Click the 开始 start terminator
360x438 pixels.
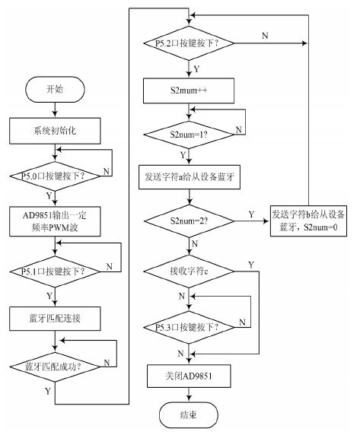click(x=55, y=90)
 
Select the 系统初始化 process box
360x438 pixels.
click(x=55, y=131)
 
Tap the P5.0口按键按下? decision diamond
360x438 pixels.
click(x=55, y=176)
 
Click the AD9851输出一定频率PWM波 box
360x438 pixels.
click(x=55, y=221)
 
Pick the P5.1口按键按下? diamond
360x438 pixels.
click(x=55, y=271)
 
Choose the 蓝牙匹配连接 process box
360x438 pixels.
click(x=55, y=319)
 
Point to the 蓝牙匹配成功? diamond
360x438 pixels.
click(x=55, y=367)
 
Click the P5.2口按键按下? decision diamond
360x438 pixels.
click(x=189, y=43)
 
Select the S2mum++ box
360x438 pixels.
click(x=189, y=90)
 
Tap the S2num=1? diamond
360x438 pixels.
click(x=189, y=135)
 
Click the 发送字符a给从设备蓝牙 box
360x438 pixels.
click(x=190, y=177)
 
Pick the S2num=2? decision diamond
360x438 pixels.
click(x=189, y=221)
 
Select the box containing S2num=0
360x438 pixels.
click(x=308, y=221)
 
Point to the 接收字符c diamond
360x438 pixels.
click(x=189, y=271)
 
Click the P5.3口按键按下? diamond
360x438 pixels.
click(x=189, y=327)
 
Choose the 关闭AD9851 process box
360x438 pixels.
click(x=189, y=376)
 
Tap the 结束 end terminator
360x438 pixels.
click(x=189, y=415)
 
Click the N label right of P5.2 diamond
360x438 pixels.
click(x=265, y=36)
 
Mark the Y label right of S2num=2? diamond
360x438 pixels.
click(x=252, y=214)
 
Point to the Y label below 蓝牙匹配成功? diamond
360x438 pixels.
click(x=48, y=391)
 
